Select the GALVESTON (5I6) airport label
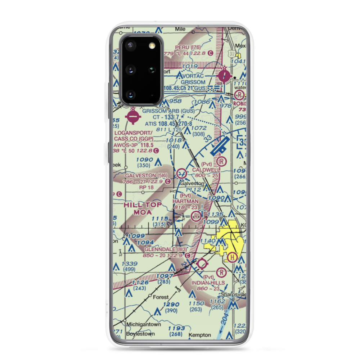tap(145, 176)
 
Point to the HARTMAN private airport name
tap(185, 201)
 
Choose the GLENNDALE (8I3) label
tap(165, 249)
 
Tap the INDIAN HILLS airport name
tap(208, 283)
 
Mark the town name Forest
tap(161, 297)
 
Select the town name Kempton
tap(199, 335)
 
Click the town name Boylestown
tap(140, 334)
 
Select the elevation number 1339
tap(129, 264)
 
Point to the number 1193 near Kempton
tap(177, 328)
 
